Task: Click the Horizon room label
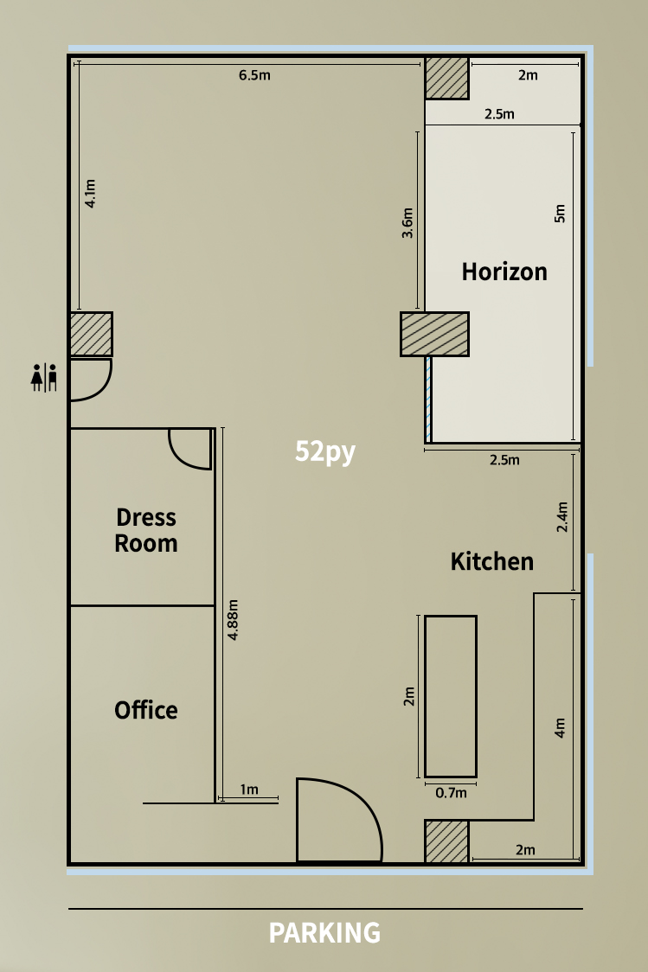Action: (504, 272)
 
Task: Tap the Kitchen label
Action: (491, 561)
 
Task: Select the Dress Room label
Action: (146, 530)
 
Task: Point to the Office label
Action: (145, 710)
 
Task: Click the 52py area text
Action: (325, 451)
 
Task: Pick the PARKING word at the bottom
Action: (324, 932)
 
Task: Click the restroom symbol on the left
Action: (44, 378)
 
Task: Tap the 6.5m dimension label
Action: (254, 75)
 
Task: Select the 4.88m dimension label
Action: (233, 620)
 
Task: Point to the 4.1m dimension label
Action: (90, 194)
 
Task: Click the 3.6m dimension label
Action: (407, 223)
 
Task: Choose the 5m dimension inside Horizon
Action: (560, 214)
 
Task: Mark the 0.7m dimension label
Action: (451, 793)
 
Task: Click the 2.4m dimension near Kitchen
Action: (561, 517)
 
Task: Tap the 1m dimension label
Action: (248, 790)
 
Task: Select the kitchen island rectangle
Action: (451, 696)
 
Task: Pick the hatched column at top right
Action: (446, 78)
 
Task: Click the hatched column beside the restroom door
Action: (91, 334)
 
